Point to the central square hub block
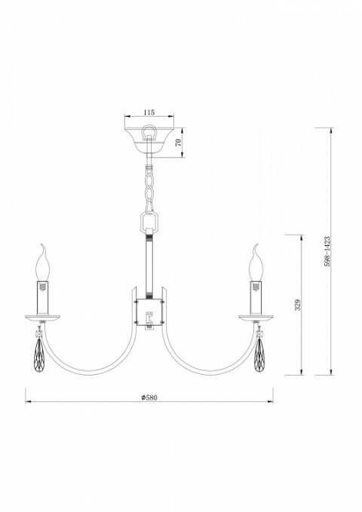149,311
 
